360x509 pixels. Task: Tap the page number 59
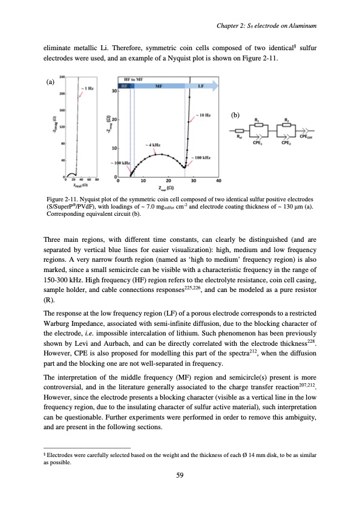coord(180,475)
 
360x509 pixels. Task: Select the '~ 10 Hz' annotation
coord(203,114)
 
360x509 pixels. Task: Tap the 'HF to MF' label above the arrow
coord(133,80)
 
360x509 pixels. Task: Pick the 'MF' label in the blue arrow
coord(157,86)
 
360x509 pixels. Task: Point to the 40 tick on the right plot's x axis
coord(218,180)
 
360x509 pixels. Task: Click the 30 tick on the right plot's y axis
coord(114,91)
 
